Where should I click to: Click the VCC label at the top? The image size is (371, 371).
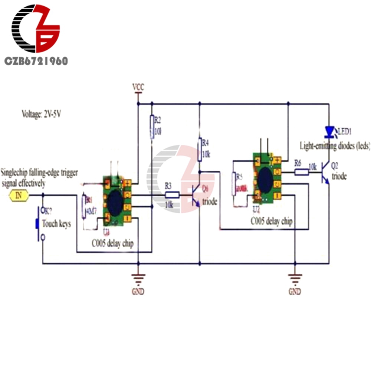(138, 87)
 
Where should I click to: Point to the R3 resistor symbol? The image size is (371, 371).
(172, 195)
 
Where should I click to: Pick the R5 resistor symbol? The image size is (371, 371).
(233, 183)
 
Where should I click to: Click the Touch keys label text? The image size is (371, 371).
(56, 224)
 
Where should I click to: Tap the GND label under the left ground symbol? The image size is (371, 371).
(138, 291)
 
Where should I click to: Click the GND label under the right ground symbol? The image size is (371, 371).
(295, 291)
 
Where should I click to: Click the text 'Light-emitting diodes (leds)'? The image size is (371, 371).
(335, 146)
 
